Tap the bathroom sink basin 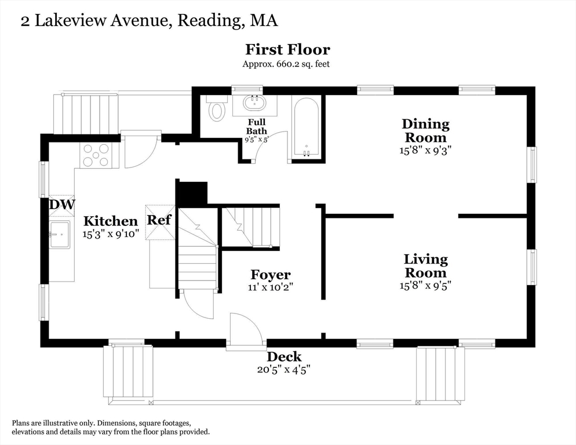pos(254,103)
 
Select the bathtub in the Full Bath pos(307,127)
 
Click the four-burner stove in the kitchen pos(96,155)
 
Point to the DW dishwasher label pos(61,205)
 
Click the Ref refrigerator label pos(159,220)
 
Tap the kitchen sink pos(60,235)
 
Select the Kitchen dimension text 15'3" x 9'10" pos(111,234)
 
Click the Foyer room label pos(271,275)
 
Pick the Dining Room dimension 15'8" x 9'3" pos(425,150)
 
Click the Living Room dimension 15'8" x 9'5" pos(425,285)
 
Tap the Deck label pos(284,356)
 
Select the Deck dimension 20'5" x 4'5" pos(284,369)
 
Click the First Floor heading pos(287,49)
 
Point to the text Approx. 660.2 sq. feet pos(286,64)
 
